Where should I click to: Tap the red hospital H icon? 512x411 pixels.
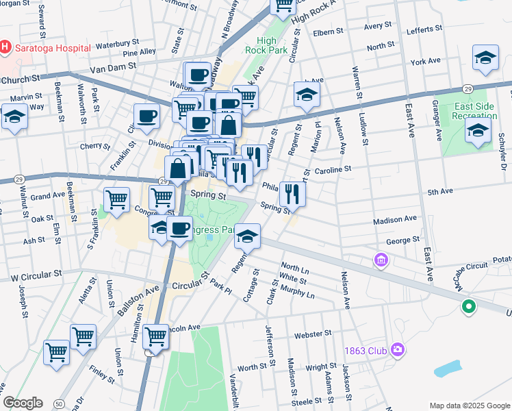click(5, 47)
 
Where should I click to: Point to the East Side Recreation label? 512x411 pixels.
click(474, 112)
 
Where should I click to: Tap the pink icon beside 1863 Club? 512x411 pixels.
click(397, 351)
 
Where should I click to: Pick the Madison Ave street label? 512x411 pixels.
click(395, 220)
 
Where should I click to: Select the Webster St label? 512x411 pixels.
click(313, 334)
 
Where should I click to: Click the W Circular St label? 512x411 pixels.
click(36, 273)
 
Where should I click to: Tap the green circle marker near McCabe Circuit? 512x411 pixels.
click(469, 307)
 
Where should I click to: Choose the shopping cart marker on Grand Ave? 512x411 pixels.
click(117, 199)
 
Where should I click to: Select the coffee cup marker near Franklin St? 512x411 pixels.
click(146, 117)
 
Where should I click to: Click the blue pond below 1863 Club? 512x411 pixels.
click(448, 369)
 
